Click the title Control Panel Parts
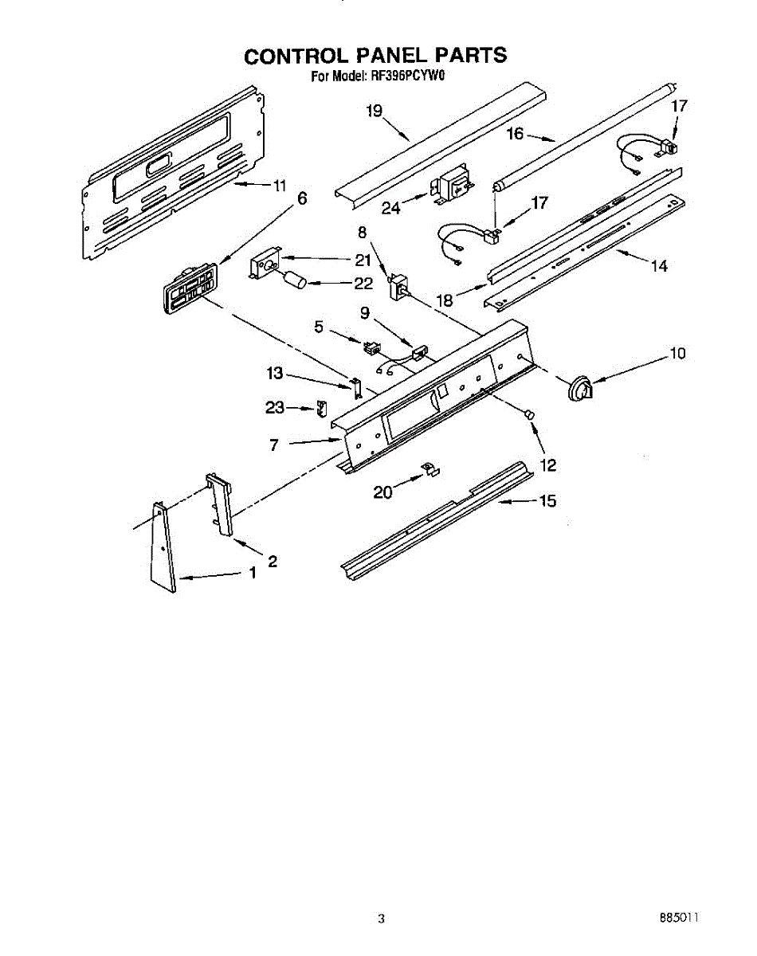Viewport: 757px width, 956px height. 375,55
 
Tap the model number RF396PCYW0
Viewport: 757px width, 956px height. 406,77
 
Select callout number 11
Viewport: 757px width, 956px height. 278,186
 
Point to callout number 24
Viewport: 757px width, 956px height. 390,208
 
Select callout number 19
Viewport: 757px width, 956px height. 375,112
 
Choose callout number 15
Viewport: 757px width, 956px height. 547,501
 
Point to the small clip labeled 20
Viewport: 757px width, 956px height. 430,470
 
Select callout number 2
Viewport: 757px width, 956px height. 273,561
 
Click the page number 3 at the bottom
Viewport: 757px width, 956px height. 381,919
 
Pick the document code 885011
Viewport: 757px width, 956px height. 678,918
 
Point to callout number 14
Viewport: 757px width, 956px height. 659,267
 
